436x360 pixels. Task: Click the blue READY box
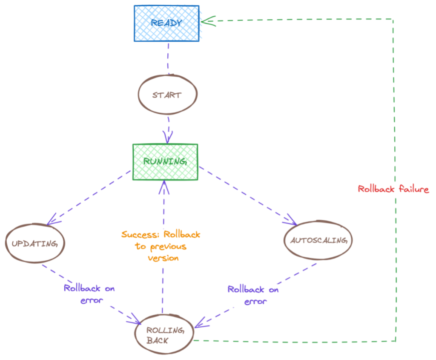[166, 23]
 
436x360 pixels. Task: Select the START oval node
[167, 95]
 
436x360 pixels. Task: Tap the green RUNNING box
[165, 161]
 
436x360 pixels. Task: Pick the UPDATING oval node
[34, 244]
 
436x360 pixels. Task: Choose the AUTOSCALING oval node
[318, 240]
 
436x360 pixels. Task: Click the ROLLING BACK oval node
[164, 335]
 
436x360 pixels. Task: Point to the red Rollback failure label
[393, 189]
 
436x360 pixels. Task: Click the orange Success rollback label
[161, 246]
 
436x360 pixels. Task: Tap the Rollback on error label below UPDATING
[89, 294]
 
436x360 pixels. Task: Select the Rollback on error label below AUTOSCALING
[253, 295]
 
